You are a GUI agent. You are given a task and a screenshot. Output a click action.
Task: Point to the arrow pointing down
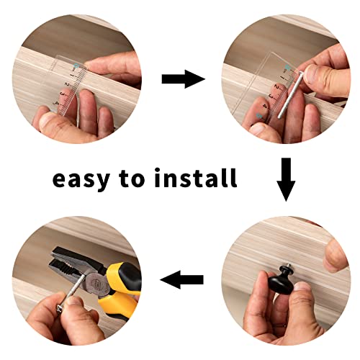(x=287, y=179)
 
